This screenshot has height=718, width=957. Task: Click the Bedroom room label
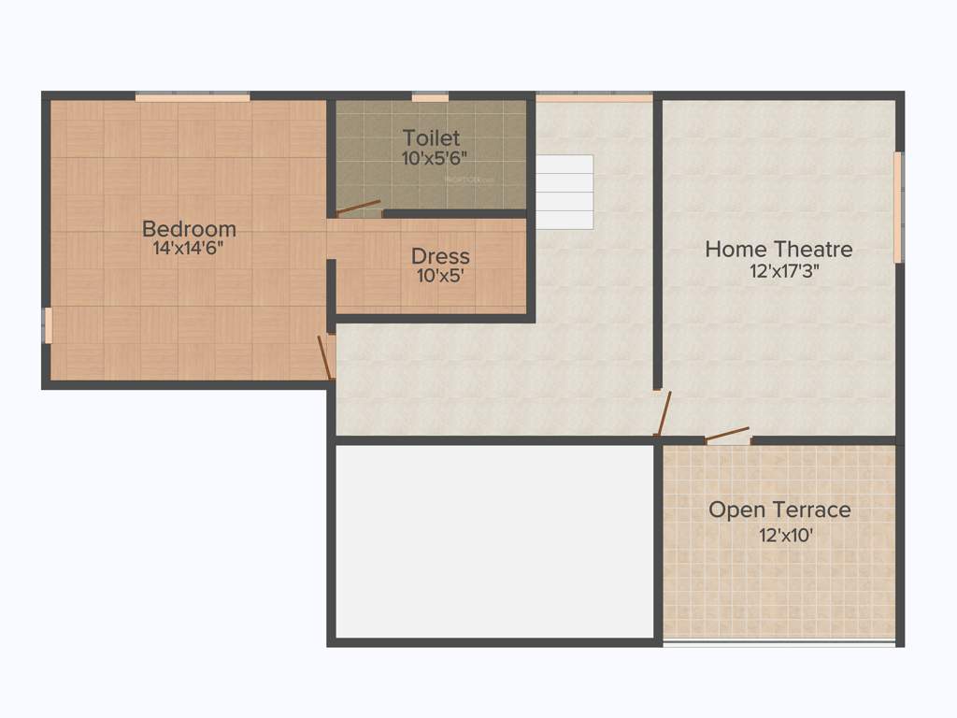189,228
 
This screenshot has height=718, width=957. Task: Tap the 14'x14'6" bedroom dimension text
189,249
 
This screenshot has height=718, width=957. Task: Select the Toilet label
431,138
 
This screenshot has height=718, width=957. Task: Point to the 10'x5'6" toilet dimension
431,159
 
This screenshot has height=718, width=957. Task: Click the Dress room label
440,256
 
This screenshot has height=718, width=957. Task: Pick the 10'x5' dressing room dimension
440,276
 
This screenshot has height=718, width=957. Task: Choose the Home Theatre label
778,250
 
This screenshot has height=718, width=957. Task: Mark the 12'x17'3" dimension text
778,272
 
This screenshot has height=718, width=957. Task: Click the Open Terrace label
779,510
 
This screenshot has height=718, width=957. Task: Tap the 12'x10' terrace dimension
779,536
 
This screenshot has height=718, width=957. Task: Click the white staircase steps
564,192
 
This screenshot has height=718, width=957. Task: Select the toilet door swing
359,208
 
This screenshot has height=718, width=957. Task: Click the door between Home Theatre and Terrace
727,436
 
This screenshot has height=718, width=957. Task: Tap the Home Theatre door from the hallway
663,413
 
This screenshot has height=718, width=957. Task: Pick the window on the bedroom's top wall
193,96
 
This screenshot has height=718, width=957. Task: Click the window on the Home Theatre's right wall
898,208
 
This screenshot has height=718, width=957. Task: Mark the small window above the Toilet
430,96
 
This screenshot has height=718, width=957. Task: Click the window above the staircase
593,96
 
